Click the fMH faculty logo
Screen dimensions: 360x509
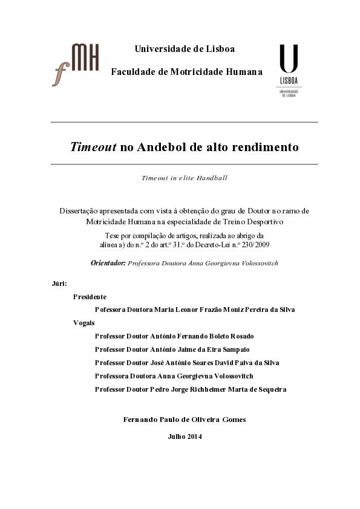pos(75,64)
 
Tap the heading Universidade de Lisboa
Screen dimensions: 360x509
pos(185,49)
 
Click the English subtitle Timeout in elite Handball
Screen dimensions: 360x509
pos(184,178)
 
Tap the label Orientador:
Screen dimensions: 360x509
pos(108,264)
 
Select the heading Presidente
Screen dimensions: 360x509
pos(90,297)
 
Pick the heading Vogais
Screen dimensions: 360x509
pos(83,323)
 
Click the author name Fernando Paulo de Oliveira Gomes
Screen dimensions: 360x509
pos(184,419)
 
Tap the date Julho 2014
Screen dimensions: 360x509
pos(185,436)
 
